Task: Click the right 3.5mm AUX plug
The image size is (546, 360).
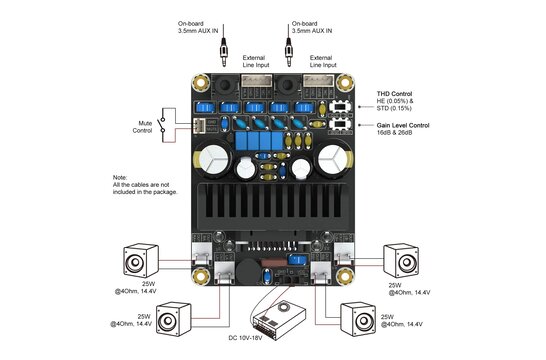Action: coord(291,50)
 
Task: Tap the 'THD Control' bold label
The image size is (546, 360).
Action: coord(401,93)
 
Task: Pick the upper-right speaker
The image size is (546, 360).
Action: coord(406,262)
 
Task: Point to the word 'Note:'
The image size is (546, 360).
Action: coord(121,177)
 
